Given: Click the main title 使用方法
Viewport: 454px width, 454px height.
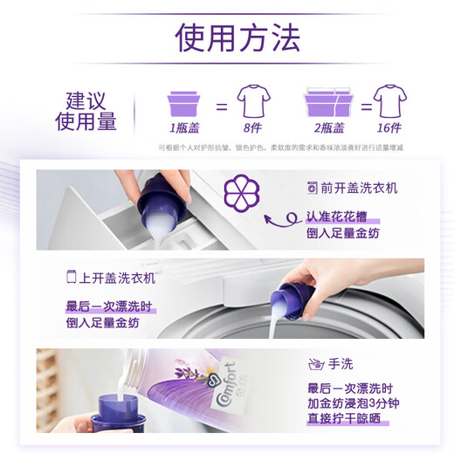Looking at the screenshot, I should pos(237,38).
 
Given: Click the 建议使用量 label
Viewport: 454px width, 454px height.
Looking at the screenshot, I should pos(86,111).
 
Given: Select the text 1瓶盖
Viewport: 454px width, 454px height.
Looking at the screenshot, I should pos(181,129).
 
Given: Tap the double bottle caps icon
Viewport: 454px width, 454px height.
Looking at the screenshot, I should pos(330,102).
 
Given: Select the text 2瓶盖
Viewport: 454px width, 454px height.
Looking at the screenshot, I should pos(330,129).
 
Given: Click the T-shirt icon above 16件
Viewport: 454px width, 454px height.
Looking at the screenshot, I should pos(390,102).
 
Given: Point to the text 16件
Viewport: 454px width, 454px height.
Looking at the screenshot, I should pos(390,129).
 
